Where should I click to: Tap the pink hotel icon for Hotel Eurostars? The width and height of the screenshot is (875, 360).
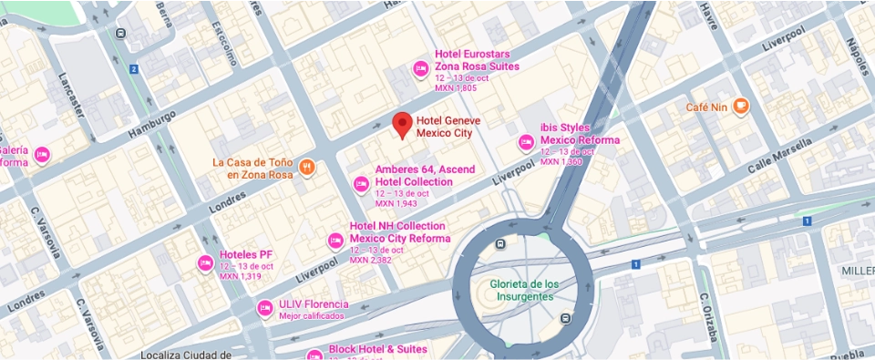tap(420, 67)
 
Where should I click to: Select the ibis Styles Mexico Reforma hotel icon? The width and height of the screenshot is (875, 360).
tap(526, 141)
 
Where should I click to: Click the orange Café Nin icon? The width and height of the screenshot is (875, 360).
tap(740, 107)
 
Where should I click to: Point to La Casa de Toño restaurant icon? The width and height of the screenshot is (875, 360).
tap(307, 168)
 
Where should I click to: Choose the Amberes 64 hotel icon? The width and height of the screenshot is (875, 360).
tap(360, 185)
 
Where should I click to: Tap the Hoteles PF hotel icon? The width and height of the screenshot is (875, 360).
tap(205, 263)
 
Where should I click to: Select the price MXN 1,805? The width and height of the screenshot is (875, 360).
tap(456, 88)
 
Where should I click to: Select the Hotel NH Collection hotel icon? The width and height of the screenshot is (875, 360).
tap(335, 241)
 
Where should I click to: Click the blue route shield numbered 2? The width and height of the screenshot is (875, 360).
tap(133, 69)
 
